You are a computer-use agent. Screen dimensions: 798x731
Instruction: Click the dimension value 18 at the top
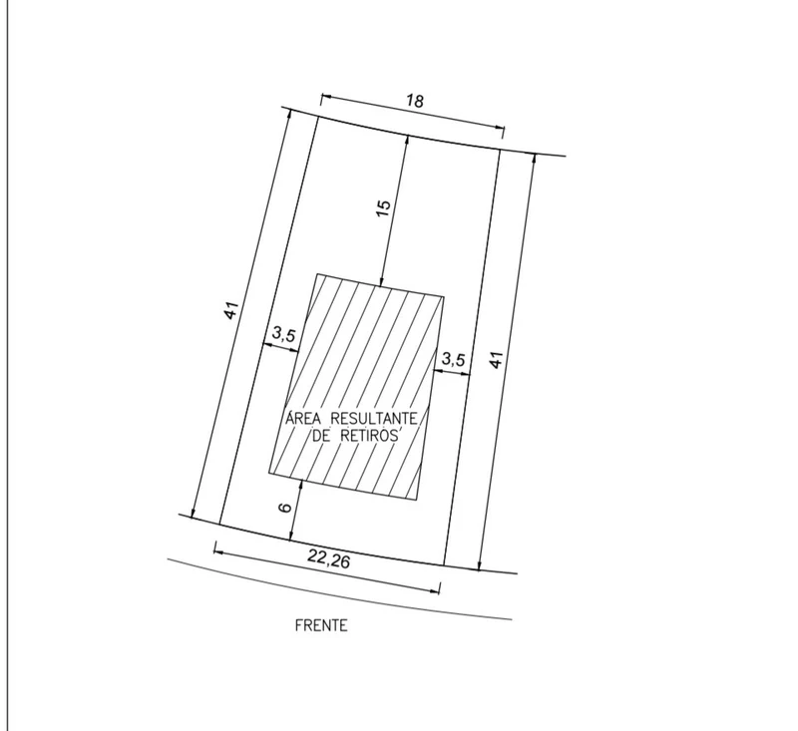tap(415, 102)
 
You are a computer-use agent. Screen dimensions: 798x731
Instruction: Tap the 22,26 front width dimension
tap(329, 560)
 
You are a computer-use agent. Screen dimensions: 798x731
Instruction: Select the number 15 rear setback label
tap(384, 207)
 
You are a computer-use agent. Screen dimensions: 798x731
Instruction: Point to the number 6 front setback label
tap(285, 508)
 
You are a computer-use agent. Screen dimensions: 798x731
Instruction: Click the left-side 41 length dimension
tap(231, 310)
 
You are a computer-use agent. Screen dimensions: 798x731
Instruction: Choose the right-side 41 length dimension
tap(496, 359)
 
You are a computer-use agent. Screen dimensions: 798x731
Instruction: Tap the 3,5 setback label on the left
tap(283, 334)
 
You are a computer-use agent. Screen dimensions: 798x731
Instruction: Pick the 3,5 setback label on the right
tap(453, 359)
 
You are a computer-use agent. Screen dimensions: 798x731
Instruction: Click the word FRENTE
tap(321, 625)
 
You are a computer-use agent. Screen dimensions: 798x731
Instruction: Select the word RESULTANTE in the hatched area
tap(374, 419)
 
